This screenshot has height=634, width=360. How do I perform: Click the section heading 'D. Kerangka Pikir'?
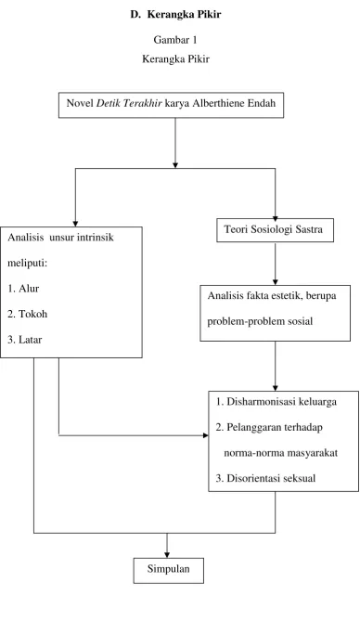175,15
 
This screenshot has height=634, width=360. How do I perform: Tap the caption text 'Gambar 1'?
175,40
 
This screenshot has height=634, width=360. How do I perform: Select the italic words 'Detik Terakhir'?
129,103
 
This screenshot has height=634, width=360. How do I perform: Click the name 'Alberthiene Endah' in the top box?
234,103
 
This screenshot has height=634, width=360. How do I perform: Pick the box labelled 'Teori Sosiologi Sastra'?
276,230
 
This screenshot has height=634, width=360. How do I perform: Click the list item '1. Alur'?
23,289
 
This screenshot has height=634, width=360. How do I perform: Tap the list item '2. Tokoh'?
28,314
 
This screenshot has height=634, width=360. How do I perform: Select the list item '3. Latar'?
25,340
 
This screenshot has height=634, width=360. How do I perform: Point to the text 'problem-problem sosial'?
260,322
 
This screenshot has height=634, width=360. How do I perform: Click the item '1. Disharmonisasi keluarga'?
276,402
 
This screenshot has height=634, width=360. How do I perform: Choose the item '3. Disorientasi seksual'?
265,478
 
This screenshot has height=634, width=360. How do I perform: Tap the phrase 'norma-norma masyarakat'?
281,453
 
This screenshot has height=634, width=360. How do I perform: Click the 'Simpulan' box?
169,571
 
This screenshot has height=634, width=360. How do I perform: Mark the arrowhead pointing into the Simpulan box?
166,555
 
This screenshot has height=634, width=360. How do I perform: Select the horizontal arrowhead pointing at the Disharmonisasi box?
205,435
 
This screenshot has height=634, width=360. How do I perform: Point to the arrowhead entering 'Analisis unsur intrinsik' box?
75,224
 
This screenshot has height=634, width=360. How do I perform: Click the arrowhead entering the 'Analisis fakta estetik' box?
276,282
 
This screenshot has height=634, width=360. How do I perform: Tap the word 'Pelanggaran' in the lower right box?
251,428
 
